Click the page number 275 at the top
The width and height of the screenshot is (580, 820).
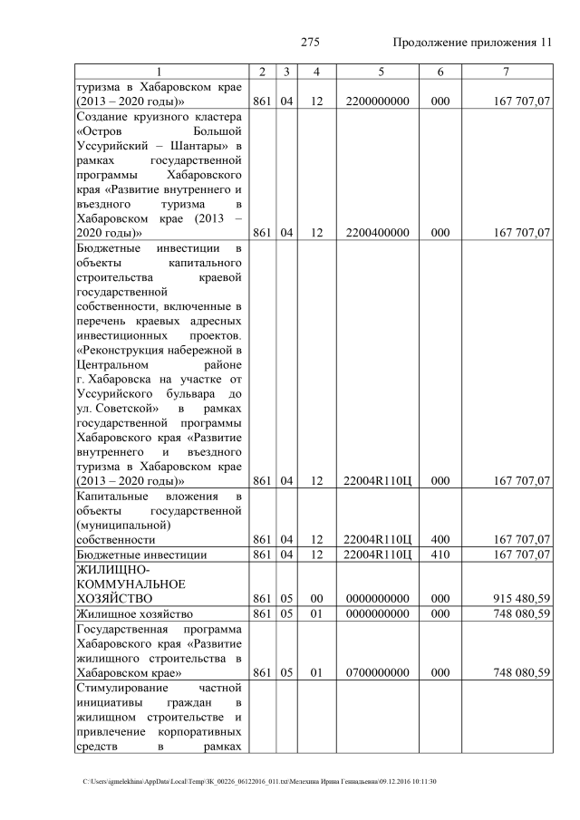[310, 43]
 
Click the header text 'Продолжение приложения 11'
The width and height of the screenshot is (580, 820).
[472, 43]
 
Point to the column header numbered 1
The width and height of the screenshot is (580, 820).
[159, 72]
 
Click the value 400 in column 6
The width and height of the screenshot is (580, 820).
[440, 540]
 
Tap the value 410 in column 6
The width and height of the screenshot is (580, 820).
[440, 555]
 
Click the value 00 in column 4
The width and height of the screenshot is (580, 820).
[316, 599]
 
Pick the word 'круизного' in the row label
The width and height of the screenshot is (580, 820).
[171, 117]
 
